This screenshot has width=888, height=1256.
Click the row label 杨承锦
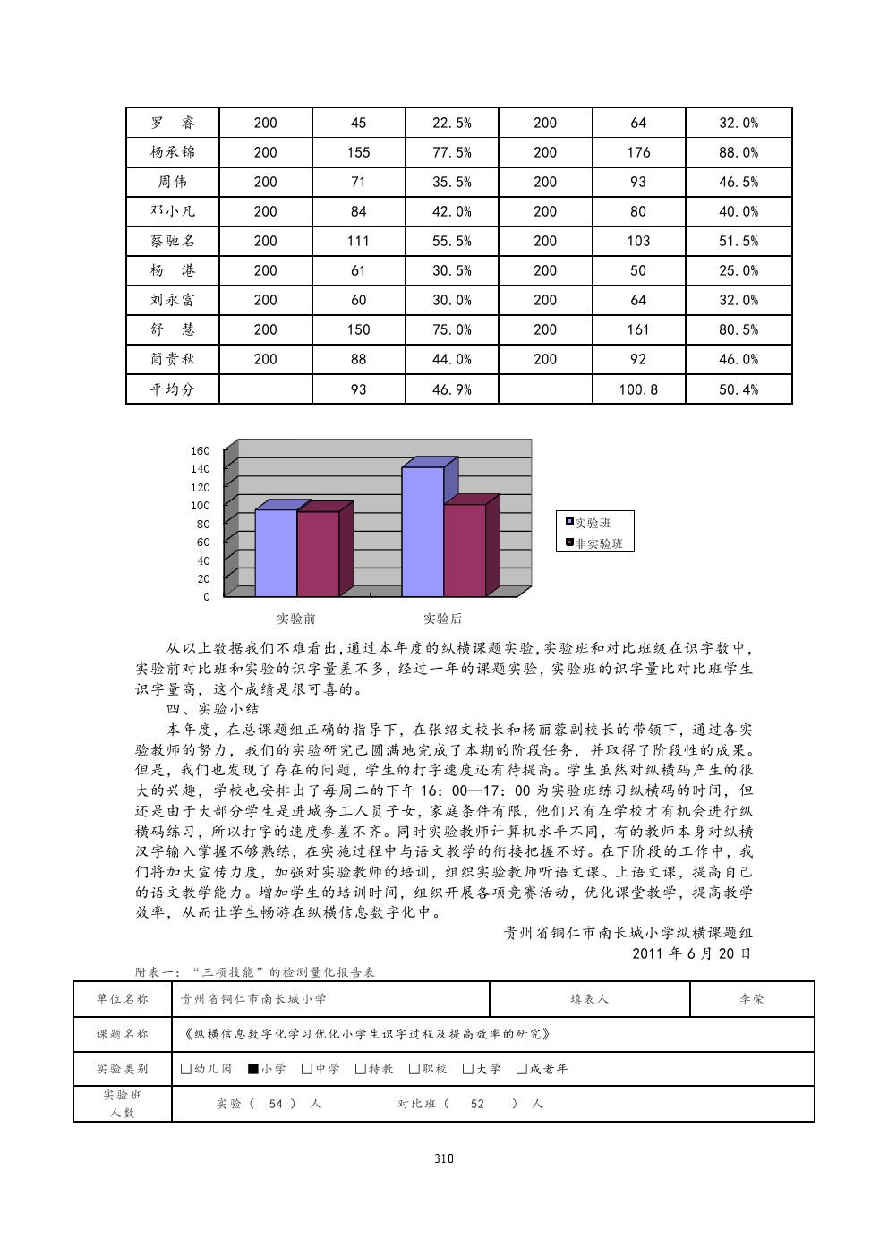point(173,152)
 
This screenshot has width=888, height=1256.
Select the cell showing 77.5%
point(451,152)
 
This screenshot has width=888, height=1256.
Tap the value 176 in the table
point(638,152)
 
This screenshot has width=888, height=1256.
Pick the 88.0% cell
point(739,152)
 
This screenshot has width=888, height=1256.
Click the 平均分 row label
point(173,389)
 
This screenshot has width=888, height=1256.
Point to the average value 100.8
point(638,389)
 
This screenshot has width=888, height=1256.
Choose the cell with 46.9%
point(451,389)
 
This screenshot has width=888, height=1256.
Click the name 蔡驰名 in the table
point(173,241)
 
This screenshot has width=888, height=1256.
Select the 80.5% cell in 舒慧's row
point(739,329)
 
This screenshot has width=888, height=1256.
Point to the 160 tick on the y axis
point(201,450)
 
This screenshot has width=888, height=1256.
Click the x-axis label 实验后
point(442,619)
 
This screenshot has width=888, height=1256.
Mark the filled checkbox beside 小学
point(253,1068)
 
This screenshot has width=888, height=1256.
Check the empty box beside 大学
point(468,1068)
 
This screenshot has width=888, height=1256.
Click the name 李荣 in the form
point(752,999)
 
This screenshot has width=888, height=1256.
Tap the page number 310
point(444,1158)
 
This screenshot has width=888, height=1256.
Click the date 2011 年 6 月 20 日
point(691,953)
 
